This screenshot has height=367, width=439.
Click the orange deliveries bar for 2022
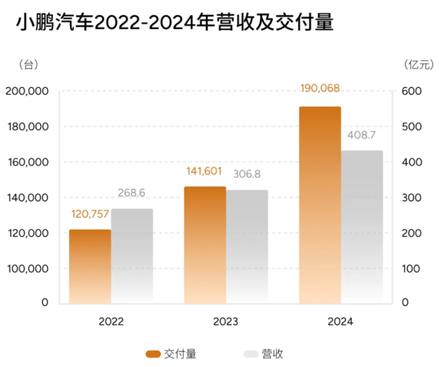click(x=90, y=267)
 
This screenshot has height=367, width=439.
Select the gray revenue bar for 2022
click(x=132, y=256)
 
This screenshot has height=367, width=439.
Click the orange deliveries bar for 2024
click(x=320, y=205)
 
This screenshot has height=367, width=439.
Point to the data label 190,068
click(x=319, y=88)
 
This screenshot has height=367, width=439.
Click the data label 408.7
click(x=361, y=135)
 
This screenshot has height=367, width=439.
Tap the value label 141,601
click(x=204, y=172)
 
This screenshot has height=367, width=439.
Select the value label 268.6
click(x=132, y=193)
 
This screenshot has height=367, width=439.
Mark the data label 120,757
click(x=90, y=214)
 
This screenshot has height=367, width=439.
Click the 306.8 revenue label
click(x=247, y=174)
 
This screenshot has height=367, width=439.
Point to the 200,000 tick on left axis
click(x=27, y=91)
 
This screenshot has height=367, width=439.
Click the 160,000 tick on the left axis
click(x=27, y=162)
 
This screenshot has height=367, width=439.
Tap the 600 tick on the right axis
click(x=412, y=91)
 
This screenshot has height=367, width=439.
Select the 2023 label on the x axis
click(x=226, y=322)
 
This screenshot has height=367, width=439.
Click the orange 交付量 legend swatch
click(x=153, y=354)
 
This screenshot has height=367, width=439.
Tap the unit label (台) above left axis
click(x=28, y=65)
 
